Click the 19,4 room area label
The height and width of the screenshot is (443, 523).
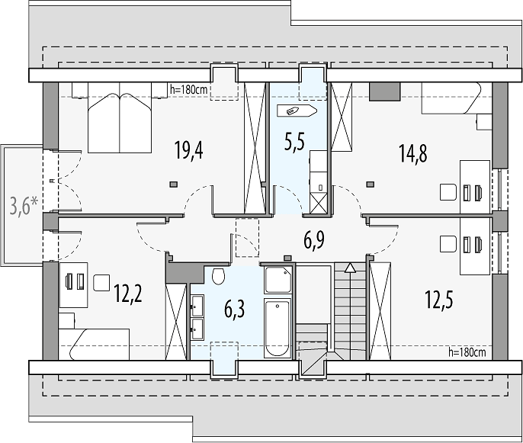189,150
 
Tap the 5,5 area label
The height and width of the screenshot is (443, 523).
294,142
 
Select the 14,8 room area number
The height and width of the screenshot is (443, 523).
413,153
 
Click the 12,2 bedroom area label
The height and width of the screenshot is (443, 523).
128,294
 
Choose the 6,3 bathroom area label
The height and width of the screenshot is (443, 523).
235,309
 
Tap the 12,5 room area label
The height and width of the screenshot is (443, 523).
438,299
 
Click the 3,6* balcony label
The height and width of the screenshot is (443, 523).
24,206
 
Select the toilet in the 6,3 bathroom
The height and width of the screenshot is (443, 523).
219,275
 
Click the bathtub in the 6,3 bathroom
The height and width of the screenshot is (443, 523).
278,329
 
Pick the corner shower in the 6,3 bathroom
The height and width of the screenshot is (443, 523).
278,280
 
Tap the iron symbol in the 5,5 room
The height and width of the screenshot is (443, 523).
297,111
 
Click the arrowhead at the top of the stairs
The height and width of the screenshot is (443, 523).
350,267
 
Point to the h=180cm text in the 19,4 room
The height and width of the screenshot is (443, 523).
189,89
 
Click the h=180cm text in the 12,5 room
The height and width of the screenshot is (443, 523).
467,352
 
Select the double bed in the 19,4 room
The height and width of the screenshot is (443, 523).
120,117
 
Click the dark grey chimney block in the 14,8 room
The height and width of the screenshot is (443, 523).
384,91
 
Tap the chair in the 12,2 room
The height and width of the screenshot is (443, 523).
101,283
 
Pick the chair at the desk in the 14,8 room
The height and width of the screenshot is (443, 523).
448,192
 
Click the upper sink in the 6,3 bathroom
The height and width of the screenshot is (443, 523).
197,306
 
